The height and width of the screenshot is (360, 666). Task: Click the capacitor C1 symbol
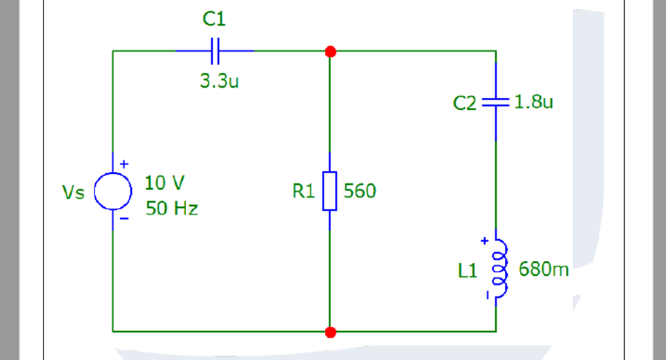(215, 51)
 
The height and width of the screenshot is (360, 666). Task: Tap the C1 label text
(214, 20)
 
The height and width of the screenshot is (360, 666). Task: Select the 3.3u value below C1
(219, 82)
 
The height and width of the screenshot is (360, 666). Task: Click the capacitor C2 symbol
(495, 103)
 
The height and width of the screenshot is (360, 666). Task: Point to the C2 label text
(466, 104)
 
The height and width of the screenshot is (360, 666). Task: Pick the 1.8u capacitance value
(534, 102)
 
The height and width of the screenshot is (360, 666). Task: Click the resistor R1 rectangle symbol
(330, 192)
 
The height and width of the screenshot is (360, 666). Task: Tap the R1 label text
(304, 192)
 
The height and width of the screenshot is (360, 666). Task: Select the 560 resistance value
(360, 192)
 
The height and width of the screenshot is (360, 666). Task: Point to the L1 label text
(468, 271)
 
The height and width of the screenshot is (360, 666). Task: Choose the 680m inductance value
(544, 270)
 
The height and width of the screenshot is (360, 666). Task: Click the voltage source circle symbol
(113, 192)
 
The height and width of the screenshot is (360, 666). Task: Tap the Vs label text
(73, 193)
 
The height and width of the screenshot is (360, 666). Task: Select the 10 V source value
(164, 183)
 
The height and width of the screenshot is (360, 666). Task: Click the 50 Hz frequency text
(171, 209)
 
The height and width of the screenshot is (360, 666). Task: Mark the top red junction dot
(330, 52)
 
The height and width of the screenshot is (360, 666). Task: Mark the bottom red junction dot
(330, 332)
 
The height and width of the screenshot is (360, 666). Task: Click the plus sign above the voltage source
(124, 164)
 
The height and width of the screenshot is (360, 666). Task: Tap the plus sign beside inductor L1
(485, 240)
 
